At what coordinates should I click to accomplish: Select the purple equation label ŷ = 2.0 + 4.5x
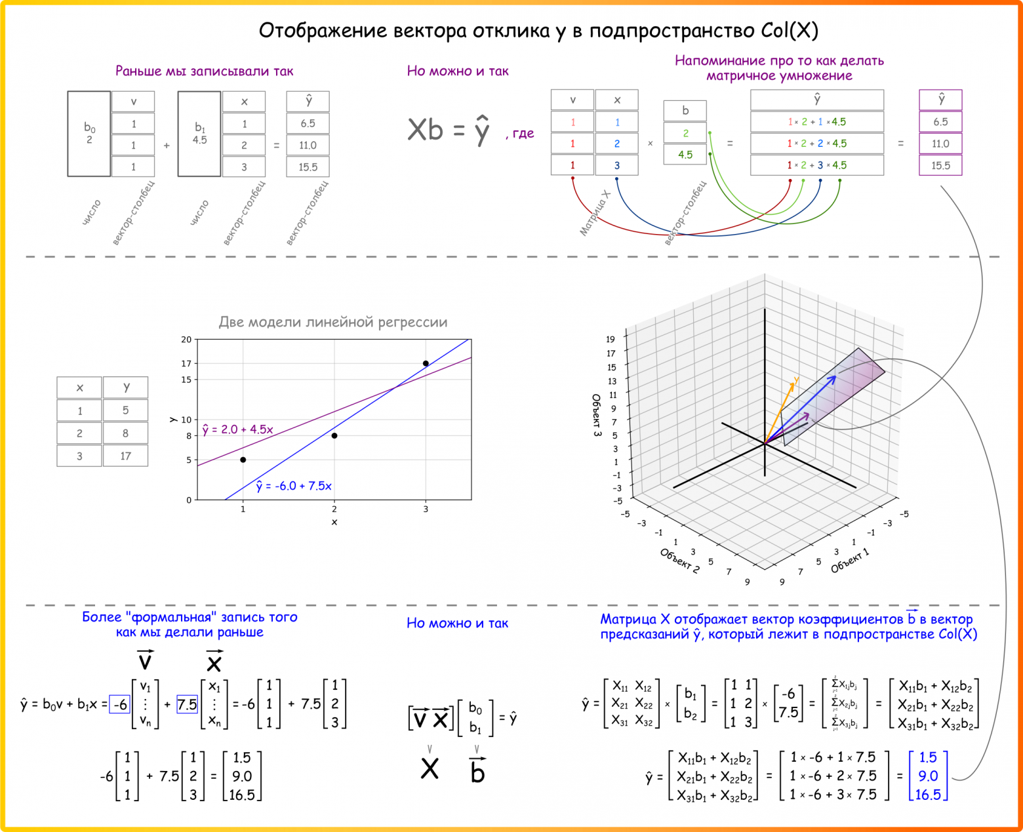coord(237,429)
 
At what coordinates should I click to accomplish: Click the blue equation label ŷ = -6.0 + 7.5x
coord(294,486)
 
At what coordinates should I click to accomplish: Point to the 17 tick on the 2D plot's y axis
coord(186,363)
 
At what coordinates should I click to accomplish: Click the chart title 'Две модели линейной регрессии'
coord(332,322)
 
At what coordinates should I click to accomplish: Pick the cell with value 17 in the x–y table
coord(125,456)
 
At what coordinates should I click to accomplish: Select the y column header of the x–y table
coord(125,387)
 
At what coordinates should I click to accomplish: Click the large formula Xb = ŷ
coord(449,130)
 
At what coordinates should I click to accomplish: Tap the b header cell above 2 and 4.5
coord(685,111)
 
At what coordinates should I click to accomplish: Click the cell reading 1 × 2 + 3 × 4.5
coord(816,165)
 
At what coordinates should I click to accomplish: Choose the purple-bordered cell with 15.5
coord(940,165)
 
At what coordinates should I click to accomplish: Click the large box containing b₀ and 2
coord(89,134)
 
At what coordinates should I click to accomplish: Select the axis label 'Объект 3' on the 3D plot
coord(596,416)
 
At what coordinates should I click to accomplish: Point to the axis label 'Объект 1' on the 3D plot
coord(850,561)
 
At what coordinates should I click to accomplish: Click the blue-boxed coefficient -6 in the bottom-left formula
coord(119,704)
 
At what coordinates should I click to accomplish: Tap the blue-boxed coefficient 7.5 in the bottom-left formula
coord(187,704)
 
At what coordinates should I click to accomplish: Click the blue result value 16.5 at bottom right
coord(927,795)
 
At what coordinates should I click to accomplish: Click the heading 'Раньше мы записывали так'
coord(204,71)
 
